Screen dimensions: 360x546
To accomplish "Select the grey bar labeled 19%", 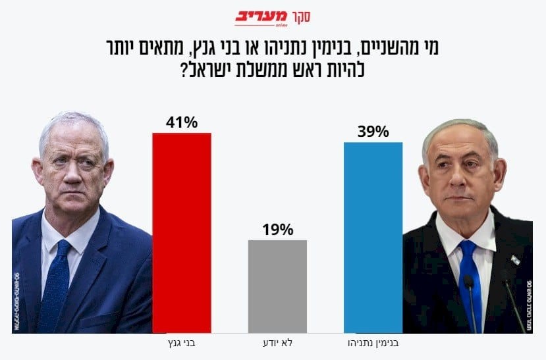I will click(277, 286).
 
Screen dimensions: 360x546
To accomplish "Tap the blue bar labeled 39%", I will click(373, 237).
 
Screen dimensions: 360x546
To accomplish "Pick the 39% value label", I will click(373, 131).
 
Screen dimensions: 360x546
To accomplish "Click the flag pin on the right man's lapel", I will click(515, 259).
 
